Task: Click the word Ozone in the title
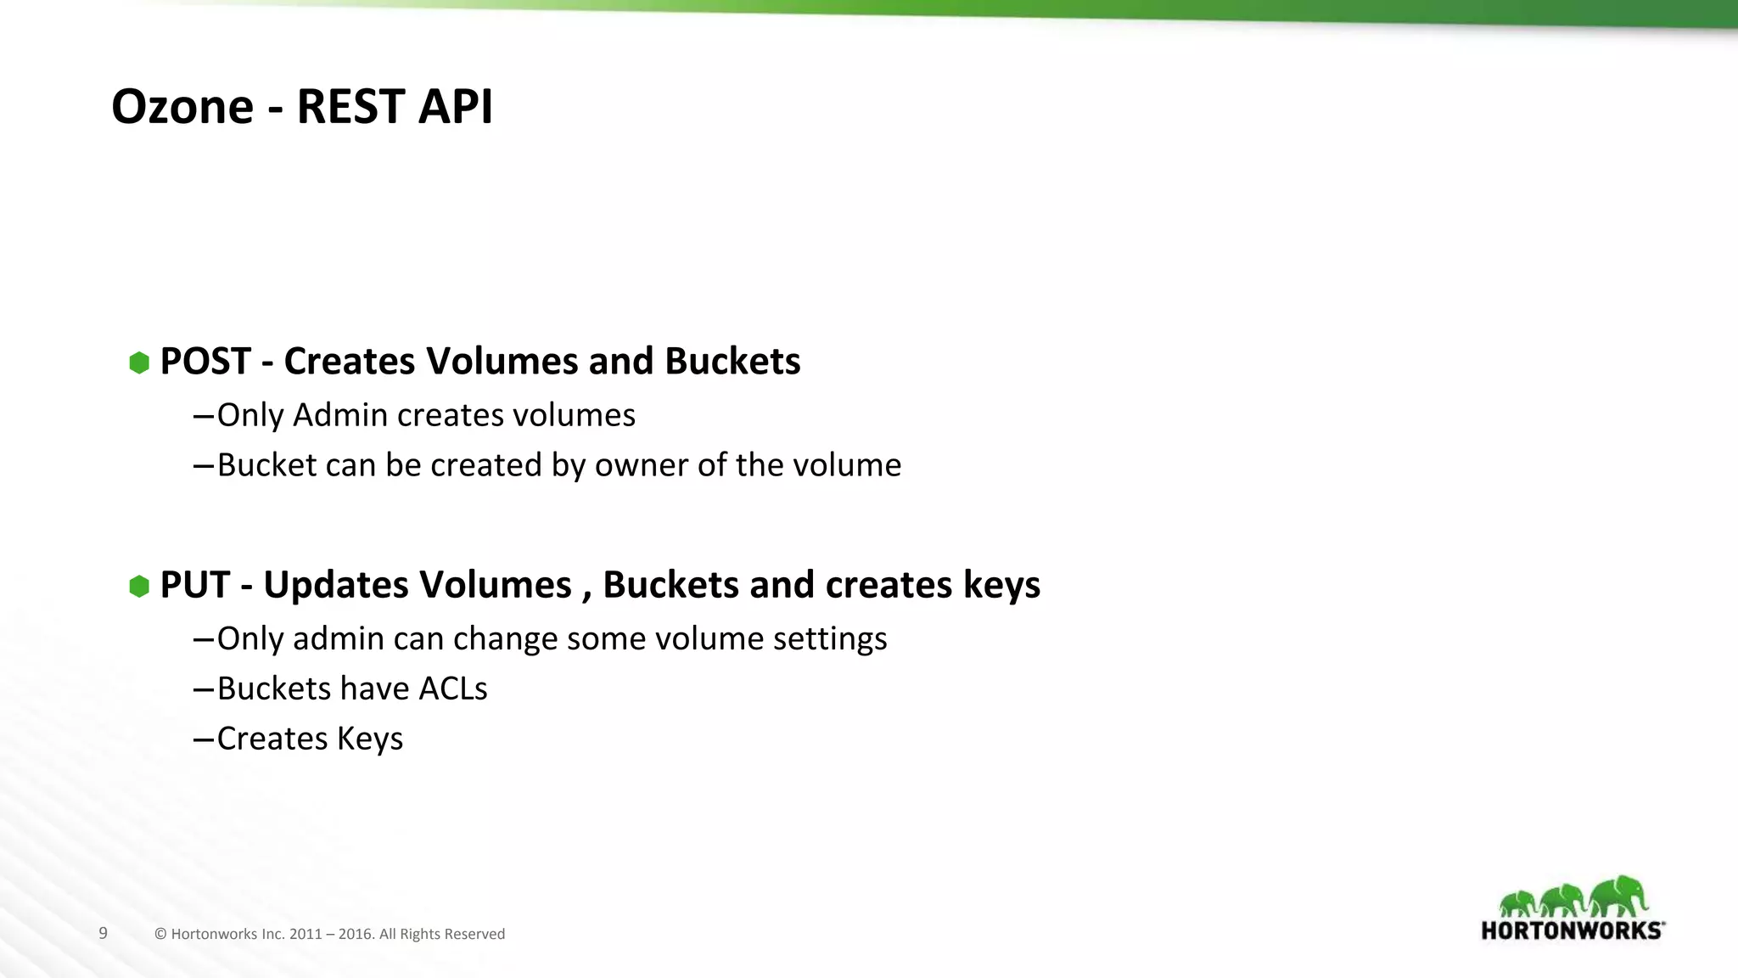[x=182, y=107]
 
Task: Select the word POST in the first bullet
[x=205, y=362]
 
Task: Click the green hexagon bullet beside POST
[x=139, y=363]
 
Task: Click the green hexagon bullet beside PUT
[x=139, y=586]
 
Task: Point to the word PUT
[x=194, y=585]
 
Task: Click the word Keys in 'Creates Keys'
[x=369, y=739]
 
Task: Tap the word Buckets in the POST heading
[x=732, y=362]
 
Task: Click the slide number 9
[x=103, y=933]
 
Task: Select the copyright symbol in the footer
[x=160, y=934]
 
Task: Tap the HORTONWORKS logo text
[x=1572, y=930]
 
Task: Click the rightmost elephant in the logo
[x=1619, y=896]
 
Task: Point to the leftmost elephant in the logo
[x=1517, y=903]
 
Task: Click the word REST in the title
[x=344, y=107]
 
